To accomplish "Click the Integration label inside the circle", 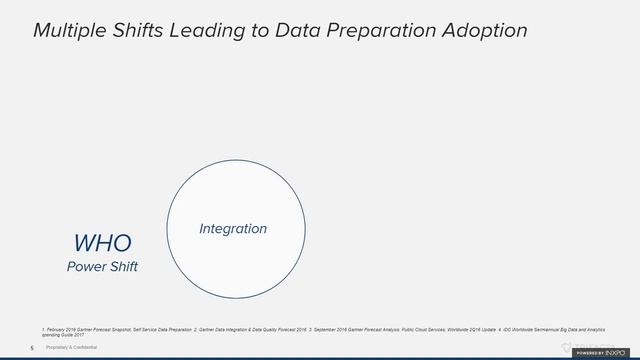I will pyautogui.click(x=233, y=229).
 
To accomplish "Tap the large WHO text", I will pyautogui.click(x=102, y=243).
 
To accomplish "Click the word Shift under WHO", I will pyautogui.click(x=122, y=267).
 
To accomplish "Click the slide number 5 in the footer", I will pyautogui.click(x=32, y=347).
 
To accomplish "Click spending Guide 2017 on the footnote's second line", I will pyautogui.click(x=63, y=333).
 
